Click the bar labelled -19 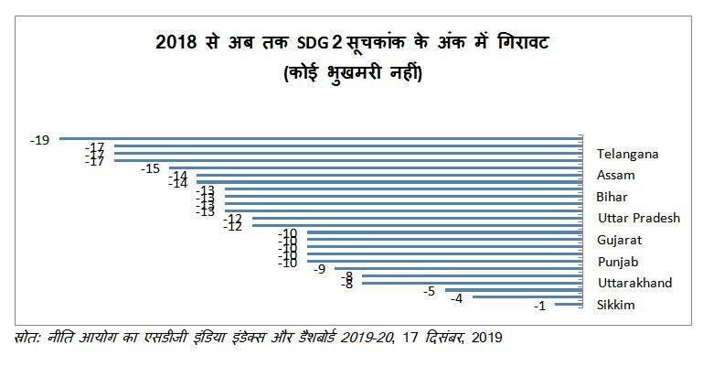pyautogui.click(x=320, y=139)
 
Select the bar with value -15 pyautogui.click(x=375, y=168)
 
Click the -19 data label pyautogui.click(x=38, y=140)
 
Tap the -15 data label pyautogui.click(x=151, y=168)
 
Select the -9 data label pyautogui.click(x=319, y=269)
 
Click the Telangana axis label pyautogui.click(x=627, y=154)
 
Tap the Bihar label pyautogui.click(x=612, y=197)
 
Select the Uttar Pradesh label pyautogui.click(x=638, y=219)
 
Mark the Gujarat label pyautogui.click(x=619, y=240)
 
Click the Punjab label pyautogui.click(x=617, y=262)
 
